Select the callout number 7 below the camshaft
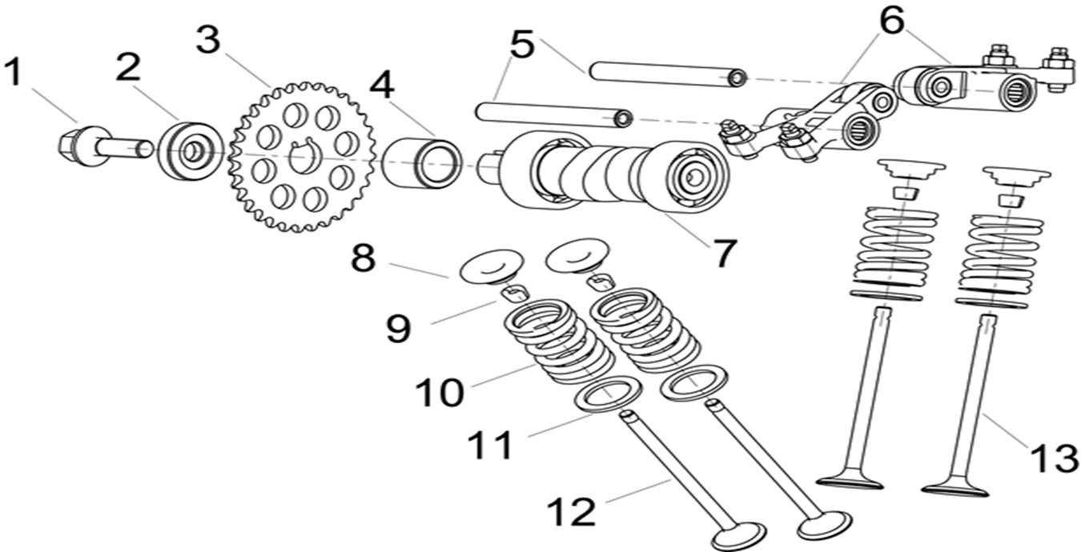coord(722,253)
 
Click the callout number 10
coord(439,392)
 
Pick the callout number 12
coord(572,510)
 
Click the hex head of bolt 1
coord(74,145)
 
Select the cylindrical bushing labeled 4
coord(422,162)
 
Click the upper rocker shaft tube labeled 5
coord(665,74)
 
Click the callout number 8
coord(363,258)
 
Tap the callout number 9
coord(398,328)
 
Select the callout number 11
coord(489,445)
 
